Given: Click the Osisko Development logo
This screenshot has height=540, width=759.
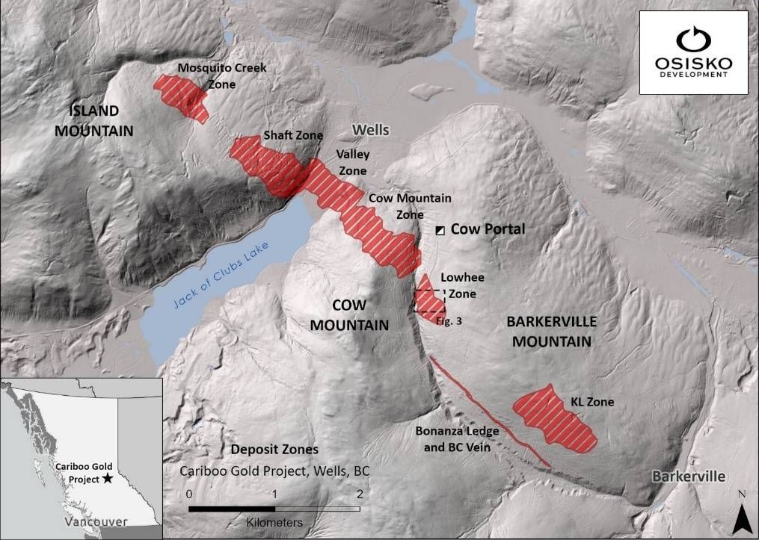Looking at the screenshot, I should point(693,52).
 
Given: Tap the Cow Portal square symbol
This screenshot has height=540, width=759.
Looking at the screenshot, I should point(440,230).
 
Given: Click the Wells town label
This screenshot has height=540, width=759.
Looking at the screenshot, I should point(371,130).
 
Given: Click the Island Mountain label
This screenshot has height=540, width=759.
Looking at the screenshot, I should point(102,121).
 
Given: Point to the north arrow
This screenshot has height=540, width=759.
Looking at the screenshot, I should point(741,515).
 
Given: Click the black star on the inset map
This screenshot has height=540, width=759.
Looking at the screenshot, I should point(108,478).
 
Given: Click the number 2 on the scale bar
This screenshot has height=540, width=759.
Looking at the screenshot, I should point(360,494).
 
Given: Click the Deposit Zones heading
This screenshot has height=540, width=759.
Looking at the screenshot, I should point(274,450).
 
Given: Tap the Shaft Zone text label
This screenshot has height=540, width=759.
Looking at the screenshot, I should point(293,136).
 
